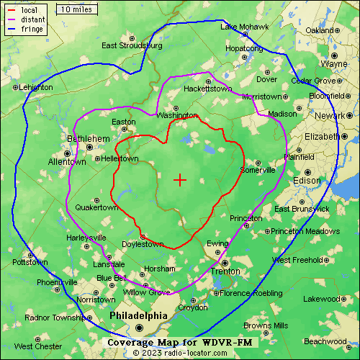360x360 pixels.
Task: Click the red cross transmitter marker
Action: click(x=180, y=179)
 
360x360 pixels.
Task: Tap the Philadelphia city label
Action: click(x=138, y=315)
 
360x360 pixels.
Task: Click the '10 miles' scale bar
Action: click(x=76, y=9)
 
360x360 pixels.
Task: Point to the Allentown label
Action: click(x=67, y=162)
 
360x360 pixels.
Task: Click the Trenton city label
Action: click(x=224, y=271)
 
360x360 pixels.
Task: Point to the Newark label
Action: click(x=330, y=115)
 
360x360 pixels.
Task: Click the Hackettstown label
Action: click(x=207, y=89)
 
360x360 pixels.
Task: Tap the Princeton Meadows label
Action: click(x=305, y=231)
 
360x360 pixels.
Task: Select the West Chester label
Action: click(x=38, y=346)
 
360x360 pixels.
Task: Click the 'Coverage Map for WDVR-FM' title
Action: click(x=179, y=342)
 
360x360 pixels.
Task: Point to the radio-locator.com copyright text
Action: click(x=179, y=353)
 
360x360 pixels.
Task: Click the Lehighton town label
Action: click(x=36, y=87)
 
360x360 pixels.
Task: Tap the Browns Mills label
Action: click(x=266, y=325)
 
